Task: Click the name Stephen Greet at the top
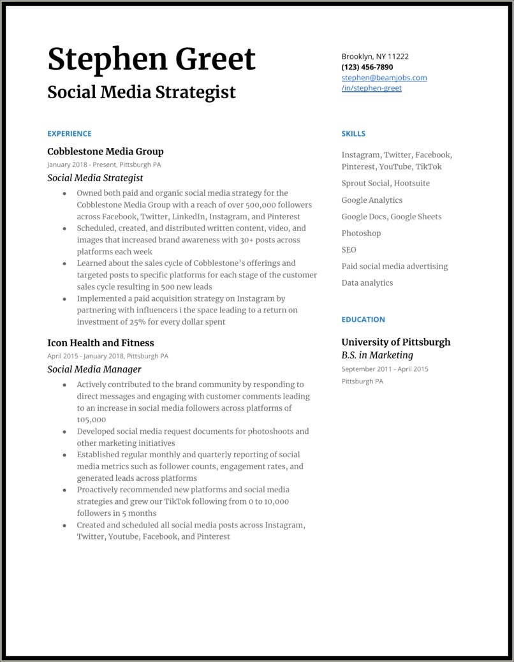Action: click(x=151, y=59)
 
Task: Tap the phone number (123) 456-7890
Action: click(x=367, y=67)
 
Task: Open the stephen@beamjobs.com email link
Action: click(x=384, y=78)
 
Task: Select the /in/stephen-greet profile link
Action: click(x=371, y=88)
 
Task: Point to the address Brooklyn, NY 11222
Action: click(x=375, y=56)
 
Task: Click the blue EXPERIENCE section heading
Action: click(x=70, y=134)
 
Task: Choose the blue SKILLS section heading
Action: click(x=353, y=134)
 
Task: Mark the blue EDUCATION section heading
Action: click(x=363, y=320)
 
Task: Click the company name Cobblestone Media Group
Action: click(x=105, y=152)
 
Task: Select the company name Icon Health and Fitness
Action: click(x=101, y=343)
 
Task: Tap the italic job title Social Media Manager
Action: click(x=94, y=369)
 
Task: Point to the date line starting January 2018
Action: click(x=104, y=165)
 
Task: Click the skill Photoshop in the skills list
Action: click(x=361, y=233)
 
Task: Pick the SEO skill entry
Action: click(x=349, y=250)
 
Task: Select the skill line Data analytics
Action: click(x=367, y=283)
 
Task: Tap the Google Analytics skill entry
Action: click(x=372, y=200)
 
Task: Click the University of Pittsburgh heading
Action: click(x=395, y=342)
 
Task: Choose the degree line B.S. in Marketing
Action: click(x=377, y=355)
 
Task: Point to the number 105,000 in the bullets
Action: click(x=91, y=420)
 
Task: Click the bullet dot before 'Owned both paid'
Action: click(x=64, y=193)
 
